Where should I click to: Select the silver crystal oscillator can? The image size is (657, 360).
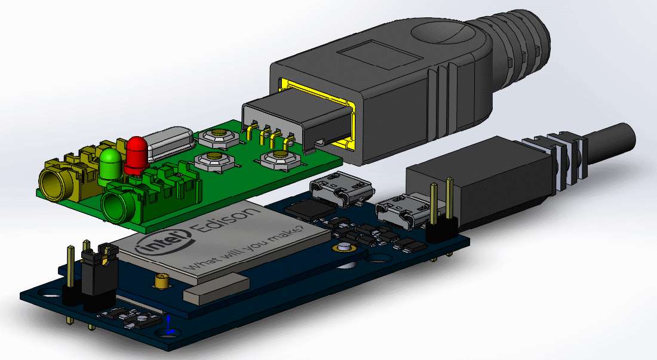pyautogui.click(x=170, y=143)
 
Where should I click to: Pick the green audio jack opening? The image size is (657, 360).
pyautogui.click(x=117, y=207)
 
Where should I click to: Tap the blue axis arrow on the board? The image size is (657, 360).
pyautogui.click(x=168, y=324)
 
